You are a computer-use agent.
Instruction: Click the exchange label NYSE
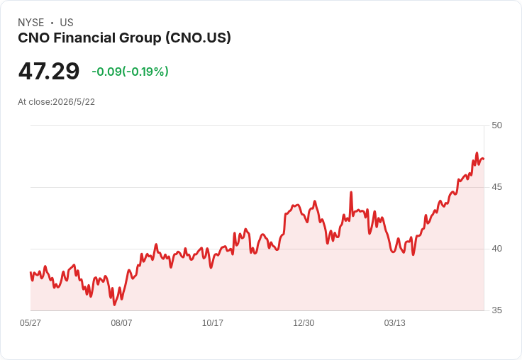31,23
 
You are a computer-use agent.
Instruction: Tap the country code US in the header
67,23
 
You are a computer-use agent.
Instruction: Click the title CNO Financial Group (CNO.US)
124,38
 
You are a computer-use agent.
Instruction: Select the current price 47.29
49,71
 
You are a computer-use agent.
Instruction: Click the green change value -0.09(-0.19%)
130,72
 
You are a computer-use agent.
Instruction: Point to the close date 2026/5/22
74,102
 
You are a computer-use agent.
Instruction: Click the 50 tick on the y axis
496,125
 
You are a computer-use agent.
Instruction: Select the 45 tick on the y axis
496,187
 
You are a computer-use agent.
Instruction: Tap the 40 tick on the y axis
496,249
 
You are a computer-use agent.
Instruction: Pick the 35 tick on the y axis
496,310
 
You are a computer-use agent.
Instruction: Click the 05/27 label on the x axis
30,323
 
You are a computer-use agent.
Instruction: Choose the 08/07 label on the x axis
121,323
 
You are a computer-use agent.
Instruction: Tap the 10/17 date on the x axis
213,323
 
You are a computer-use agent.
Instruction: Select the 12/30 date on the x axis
304,323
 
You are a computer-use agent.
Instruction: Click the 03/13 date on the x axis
395,323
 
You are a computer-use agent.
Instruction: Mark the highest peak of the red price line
477,153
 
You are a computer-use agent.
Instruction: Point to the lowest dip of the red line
114,305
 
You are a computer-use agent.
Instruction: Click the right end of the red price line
484,159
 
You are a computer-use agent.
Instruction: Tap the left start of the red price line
30,273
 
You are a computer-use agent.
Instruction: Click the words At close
34,102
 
